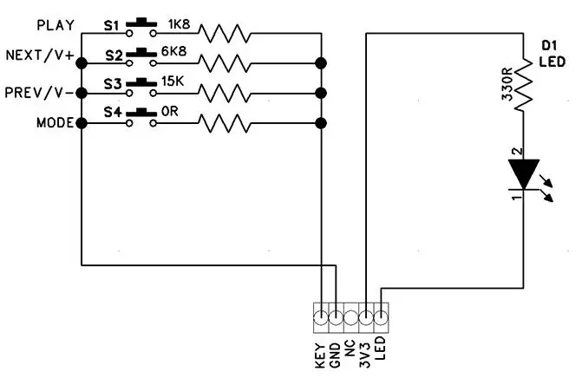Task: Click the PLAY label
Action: point(56,25)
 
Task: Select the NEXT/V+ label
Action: point(40,55)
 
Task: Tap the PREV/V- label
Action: point(39,93)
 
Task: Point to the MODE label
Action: point(55,122)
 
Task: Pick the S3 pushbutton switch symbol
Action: point(141,88)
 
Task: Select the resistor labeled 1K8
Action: point(225,34)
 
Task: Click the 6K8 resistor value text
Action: point(173,51)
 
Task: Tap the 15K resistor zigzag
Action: point(225,93)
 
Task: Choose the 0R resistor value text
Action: point(170,111)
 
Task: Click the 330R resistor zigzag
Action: point(524,84)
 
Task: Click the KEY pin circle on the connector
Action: point(321,318)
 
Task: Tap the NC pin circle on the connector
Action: point(350,318)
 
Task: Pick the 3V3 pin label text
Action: point(365,355)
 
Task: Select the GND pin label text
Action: point(335,355)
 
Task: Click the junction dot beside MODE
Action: point(82,123)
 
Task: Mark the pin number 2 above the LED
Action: point(518,152)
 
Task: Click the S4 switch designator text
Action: point(113,112)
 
